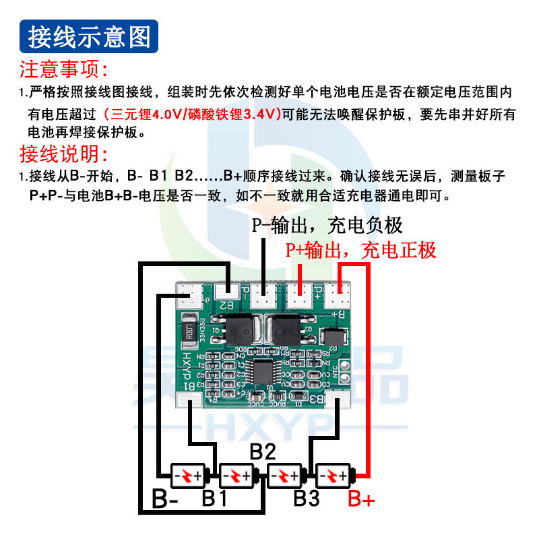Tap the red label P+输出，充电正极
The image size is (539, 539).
(x=360, y=251)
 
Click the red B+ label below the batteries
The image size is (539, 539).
(x=361, y=500)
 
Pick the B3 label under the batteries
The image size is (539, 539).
(x=306, y=499)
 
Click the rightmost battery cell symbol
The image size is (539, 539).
(x=334, y=477)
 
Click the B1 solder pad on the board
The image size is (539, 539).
(x=188, y=400)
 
